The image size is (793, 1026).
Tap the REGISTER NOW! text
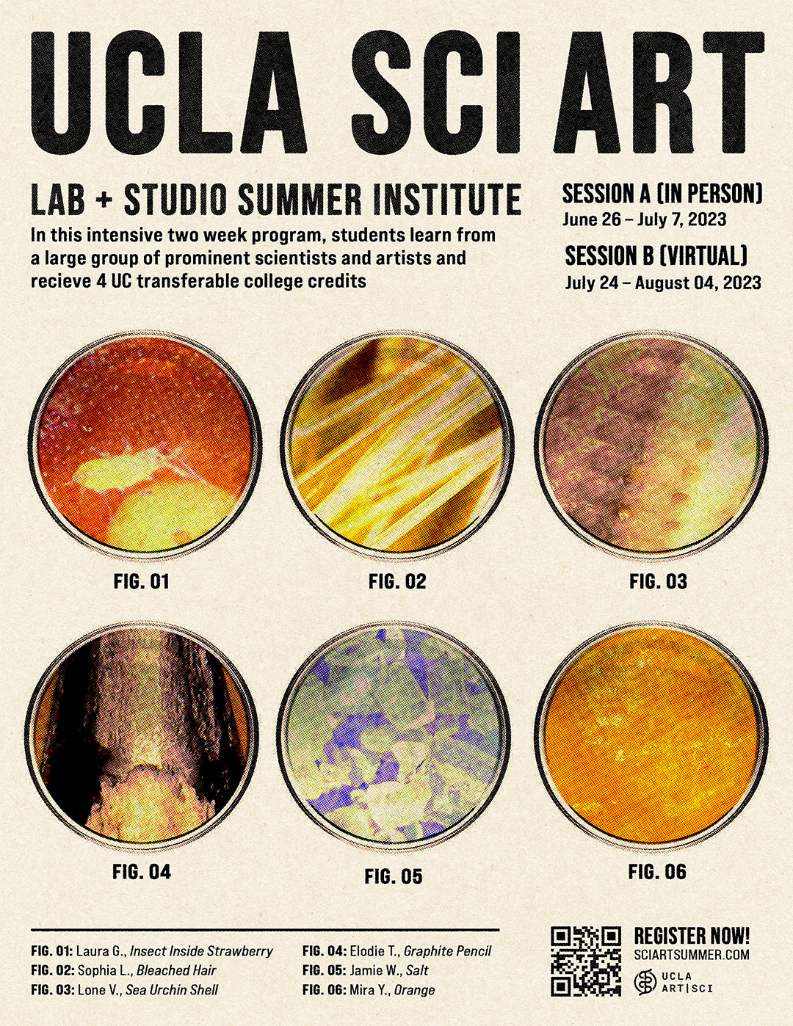coord(692,935)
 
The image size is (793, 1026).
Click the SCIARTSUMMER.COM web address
coord(692,955)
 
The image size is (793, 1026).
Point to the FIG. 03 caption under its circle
coord(658,582)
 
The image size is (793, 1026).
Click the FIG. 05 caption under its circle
coord(394,877)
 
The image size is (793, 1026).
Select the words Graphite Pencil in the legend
coord(447,951)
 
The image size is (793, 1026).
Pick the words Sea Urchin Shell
coord(172,990)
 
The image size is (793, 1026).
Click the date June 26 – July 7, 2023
coord(644,219)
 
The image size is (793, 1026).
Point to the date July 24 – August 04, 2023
coord(663,283)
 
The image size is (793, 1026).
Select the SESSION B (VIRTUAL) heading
coord(656,256)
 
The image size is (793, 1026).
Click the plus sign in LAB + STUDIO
coord(104,200)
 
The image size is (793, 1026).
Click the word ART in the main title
coord(661,90)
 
